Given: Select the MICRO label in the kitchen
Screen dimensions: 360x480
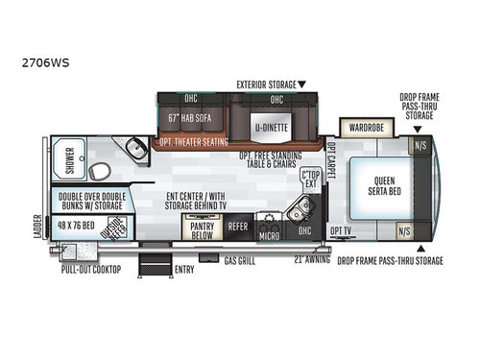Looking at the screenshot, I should click(x=270, y=232).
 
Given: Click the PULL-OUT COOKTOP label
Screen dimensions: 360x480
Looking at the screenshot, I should click(x=90, y=271).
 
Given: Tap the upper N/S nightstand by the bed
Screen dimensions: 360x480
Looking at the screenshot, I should click(x=420, y=146).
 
